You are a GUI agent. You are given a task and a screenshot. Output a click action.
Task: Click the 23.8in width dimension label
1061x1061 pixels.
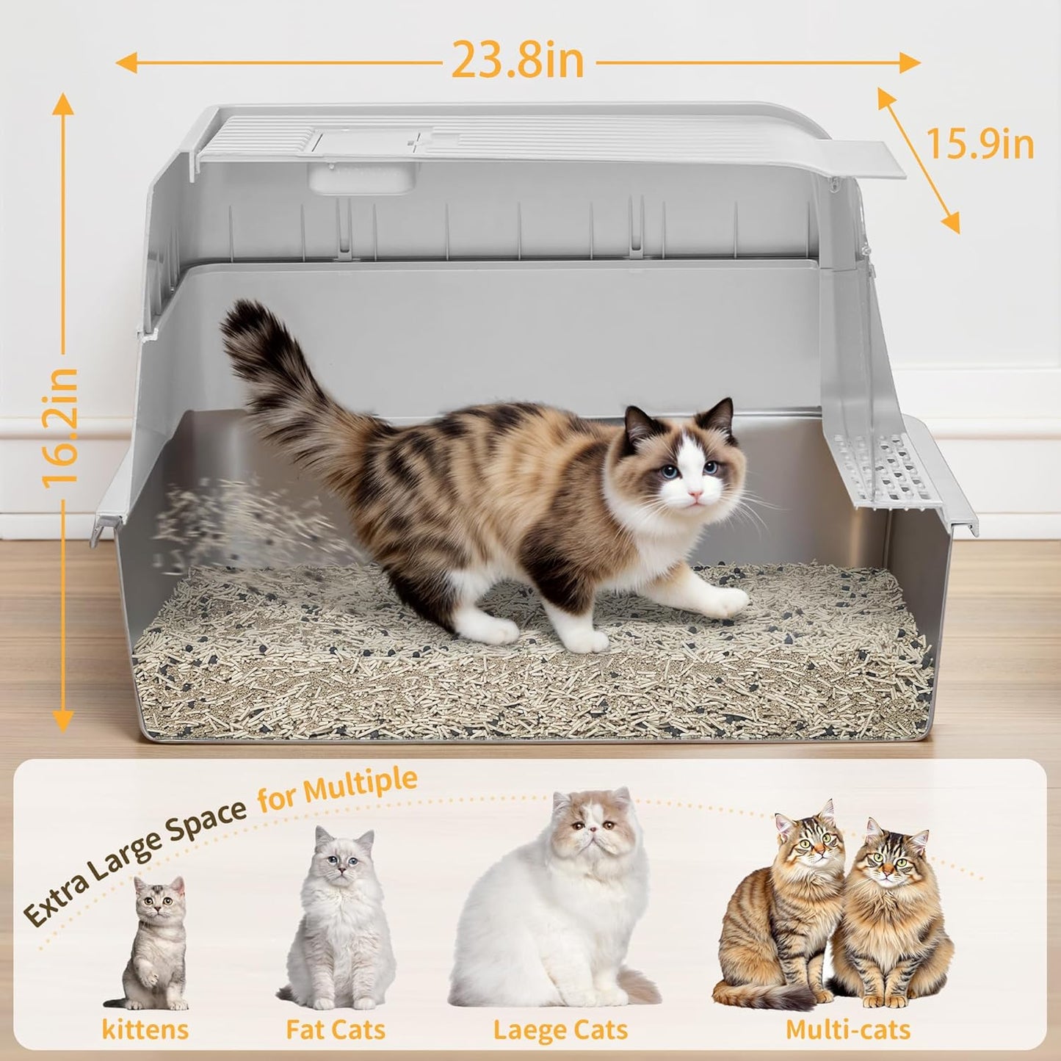[517, 60]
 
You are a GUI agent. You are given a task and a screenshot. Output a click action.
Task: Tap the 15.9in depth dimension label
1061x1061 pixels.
[979, 144]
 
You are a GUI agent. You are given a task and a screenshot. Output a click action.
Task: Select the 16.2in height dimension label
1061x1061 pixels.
[60, 427]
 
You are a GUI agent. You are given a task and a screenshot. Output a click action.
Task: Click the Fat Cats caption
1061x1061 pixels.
[336, 1029]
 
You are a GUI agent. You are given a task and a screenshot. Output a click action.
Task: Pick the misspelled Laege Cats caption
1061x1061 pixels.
[560, 1029]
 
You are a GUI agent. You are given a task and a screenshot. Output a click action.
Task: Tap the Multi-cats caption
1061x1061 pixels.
[848, 1029]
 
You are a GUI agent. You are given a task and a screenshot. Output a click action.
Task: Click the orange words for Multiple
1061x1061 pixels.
[337, 789]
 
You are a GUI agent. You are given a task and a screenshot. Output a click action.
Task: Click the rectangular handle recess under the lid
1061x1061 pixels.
[361, 178]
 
